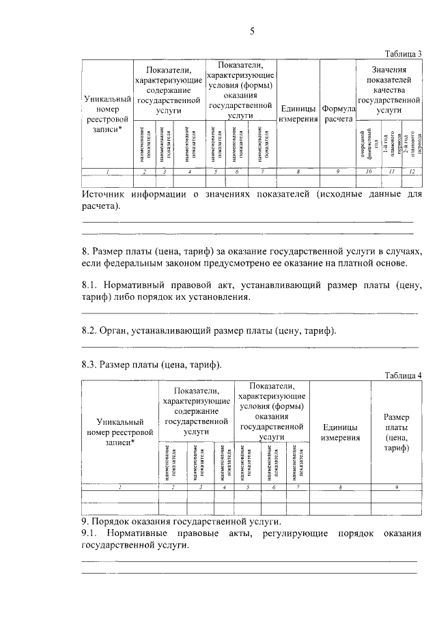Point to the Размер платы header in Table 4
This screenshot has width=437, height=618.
pos(396,432)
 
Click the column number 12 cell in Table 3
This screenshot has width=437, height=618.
pos(412,171)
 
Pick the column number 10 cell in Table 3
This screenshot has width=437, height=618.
pos(369,171)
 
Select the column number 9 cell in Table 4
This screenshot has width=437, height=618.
pos(396,486)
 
